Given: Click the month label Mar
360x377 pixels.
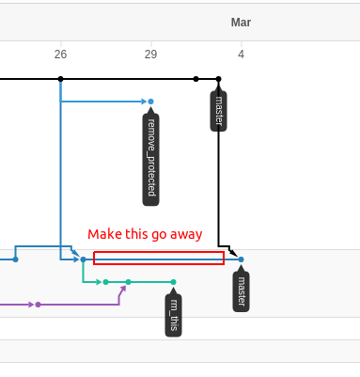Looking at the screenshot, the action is click(241, 23).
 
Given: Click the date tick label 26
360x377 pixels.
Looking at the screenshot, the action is click(60, 55).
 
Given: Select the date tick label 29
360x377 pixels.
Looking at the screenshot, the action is click(150, 55).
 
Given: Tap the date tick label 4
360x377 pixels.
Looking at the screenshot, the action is click(241, 55).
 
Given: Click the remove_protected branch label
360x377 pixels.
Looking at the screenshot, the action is click(150, 157).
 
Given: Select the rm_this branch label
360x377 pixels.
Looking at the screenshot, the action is click(174, 315).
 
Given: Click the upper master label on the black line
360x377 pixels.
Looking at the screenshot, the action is click(218, 111).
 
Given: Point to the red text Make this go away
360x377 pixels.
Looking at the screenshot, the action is click(145, 234).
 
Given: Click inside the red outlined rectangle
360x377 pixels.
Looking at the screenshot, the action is click(159, 259).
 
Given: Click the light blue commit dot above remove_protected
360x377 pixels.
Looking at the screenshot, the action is click(150, 102).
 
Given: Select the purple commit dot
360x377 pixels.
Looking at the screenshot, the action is click(38, 305).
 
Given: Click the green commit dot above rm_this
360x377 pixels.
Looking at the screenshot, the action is click(174, 282).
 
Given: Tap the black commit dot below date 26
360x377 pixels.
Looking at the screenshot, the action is click(61, 79).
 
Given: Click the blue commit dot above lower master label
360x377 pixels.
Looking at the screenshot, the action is click(241, 259).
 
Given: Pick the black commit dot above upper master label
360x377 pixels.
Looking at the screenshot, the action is click(219, 79).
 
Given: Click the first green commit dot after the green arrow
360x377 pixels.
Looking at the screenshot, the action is click(105, 282).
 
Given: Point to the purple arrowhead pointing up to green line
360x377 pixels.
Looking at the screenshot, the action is click(123, 289).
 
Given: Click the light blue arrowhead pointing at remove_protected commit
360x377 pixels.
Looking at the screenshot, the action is click(144, 102).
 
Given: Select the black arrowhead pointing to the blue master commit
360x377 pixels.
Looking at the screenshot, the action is click(233, 252).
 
